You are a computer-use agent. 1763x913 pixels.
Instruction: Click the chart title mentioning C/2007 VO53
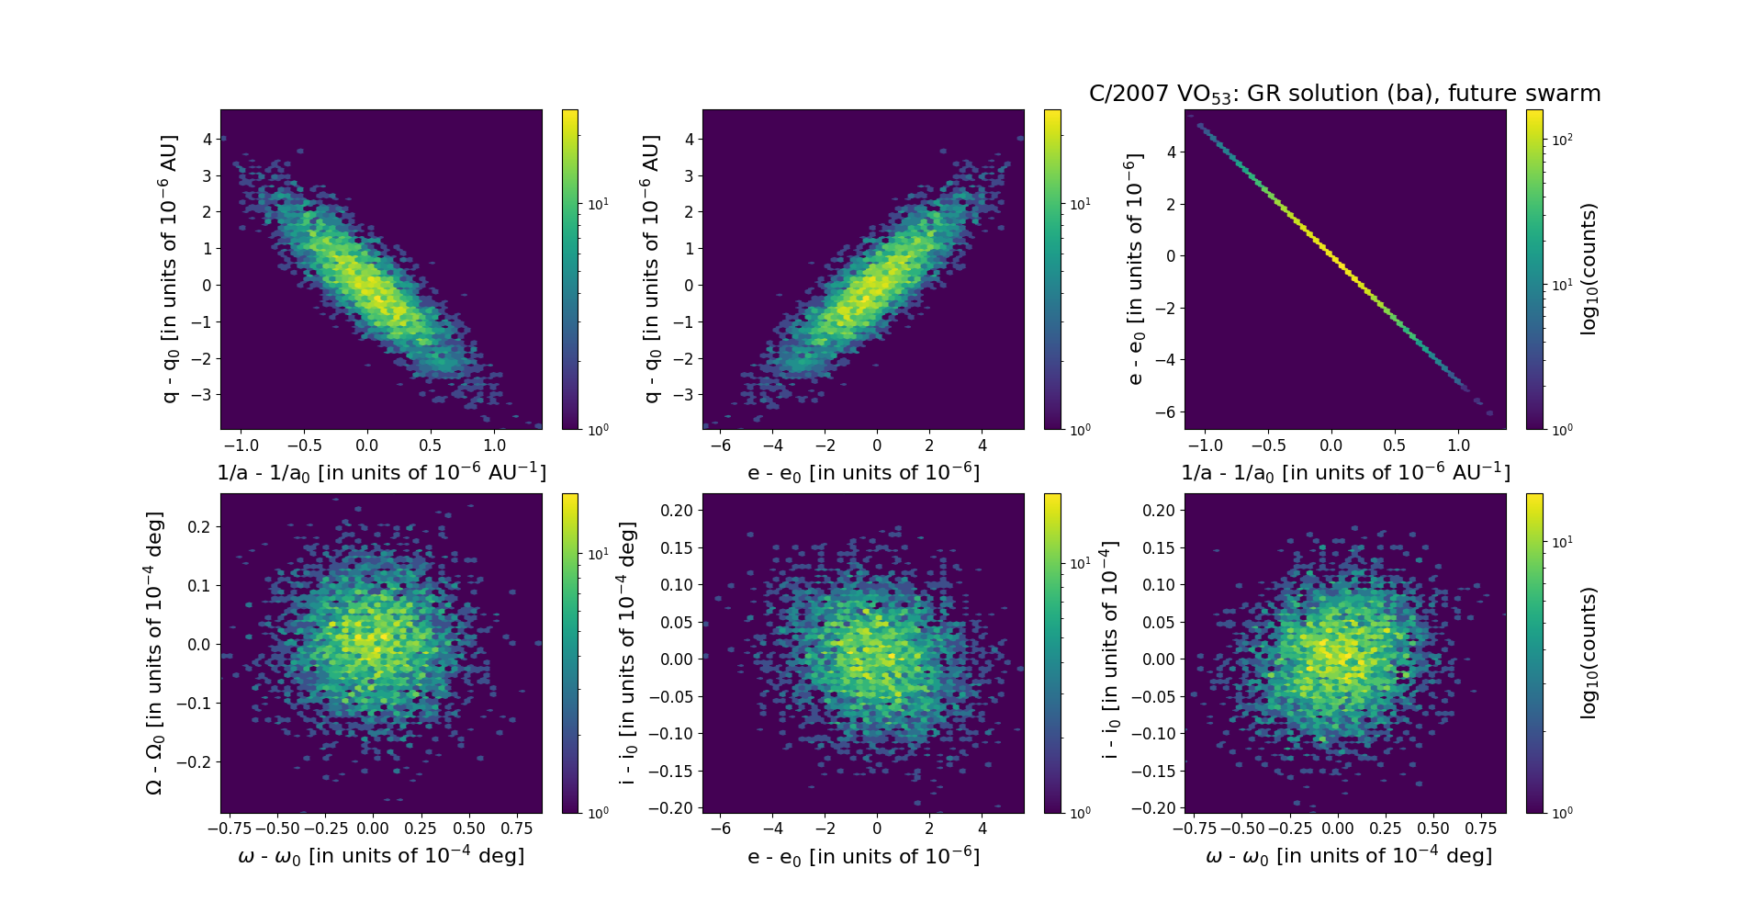[x=1344, y=94]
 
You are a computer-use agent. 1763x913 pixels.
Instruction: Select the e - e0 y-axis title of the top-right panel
[x=1135, y=269]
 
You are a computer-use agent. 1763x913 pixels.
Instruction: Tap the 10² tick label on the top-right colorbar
[x=1562, y=140]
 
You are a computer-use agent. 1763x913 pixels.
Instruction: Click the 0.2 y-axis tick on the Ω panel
[x=199, y=526]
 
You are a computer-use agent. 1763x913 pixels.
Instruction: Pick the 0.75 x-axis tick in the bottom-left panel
[x=517, y=828]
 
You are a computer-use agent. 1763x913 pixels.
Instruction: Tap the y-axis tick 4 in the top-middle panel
[x=689, y=140]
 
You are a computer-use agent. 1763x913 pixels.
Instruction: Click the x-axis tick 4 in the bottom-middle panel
[x=983, y=828]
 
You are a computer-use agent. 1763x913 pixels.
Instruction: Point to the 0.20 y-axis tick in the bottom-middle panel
[x=676, y=511]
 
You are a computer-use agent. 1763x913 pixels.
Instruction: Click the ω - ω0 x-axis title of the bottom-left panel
[x=381, y=856]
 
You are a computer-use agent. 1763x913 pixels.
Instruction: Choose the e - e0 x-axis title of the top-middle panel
[x=863, y=473]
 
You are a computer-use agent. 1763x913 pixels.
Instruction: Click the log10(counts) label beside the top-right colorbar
[x=1589, y=269]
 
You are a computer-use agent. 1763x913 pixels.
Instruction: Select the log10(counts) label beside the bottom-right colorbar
[x=1589, y=653]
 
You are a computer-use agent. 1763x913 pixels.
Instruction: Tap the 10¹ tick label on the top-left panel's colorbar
[x=598, y=203]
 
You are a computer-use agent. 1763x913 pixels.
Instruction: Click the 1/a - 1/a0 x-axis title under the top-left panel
[x=381, y=473]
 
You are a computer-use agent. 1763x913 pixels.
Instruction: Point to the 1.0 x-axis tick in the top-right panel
[x=1458, y=445]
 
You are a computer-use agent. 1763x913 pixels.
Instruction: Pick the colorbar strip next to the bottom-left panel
[x=570, y=653]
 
